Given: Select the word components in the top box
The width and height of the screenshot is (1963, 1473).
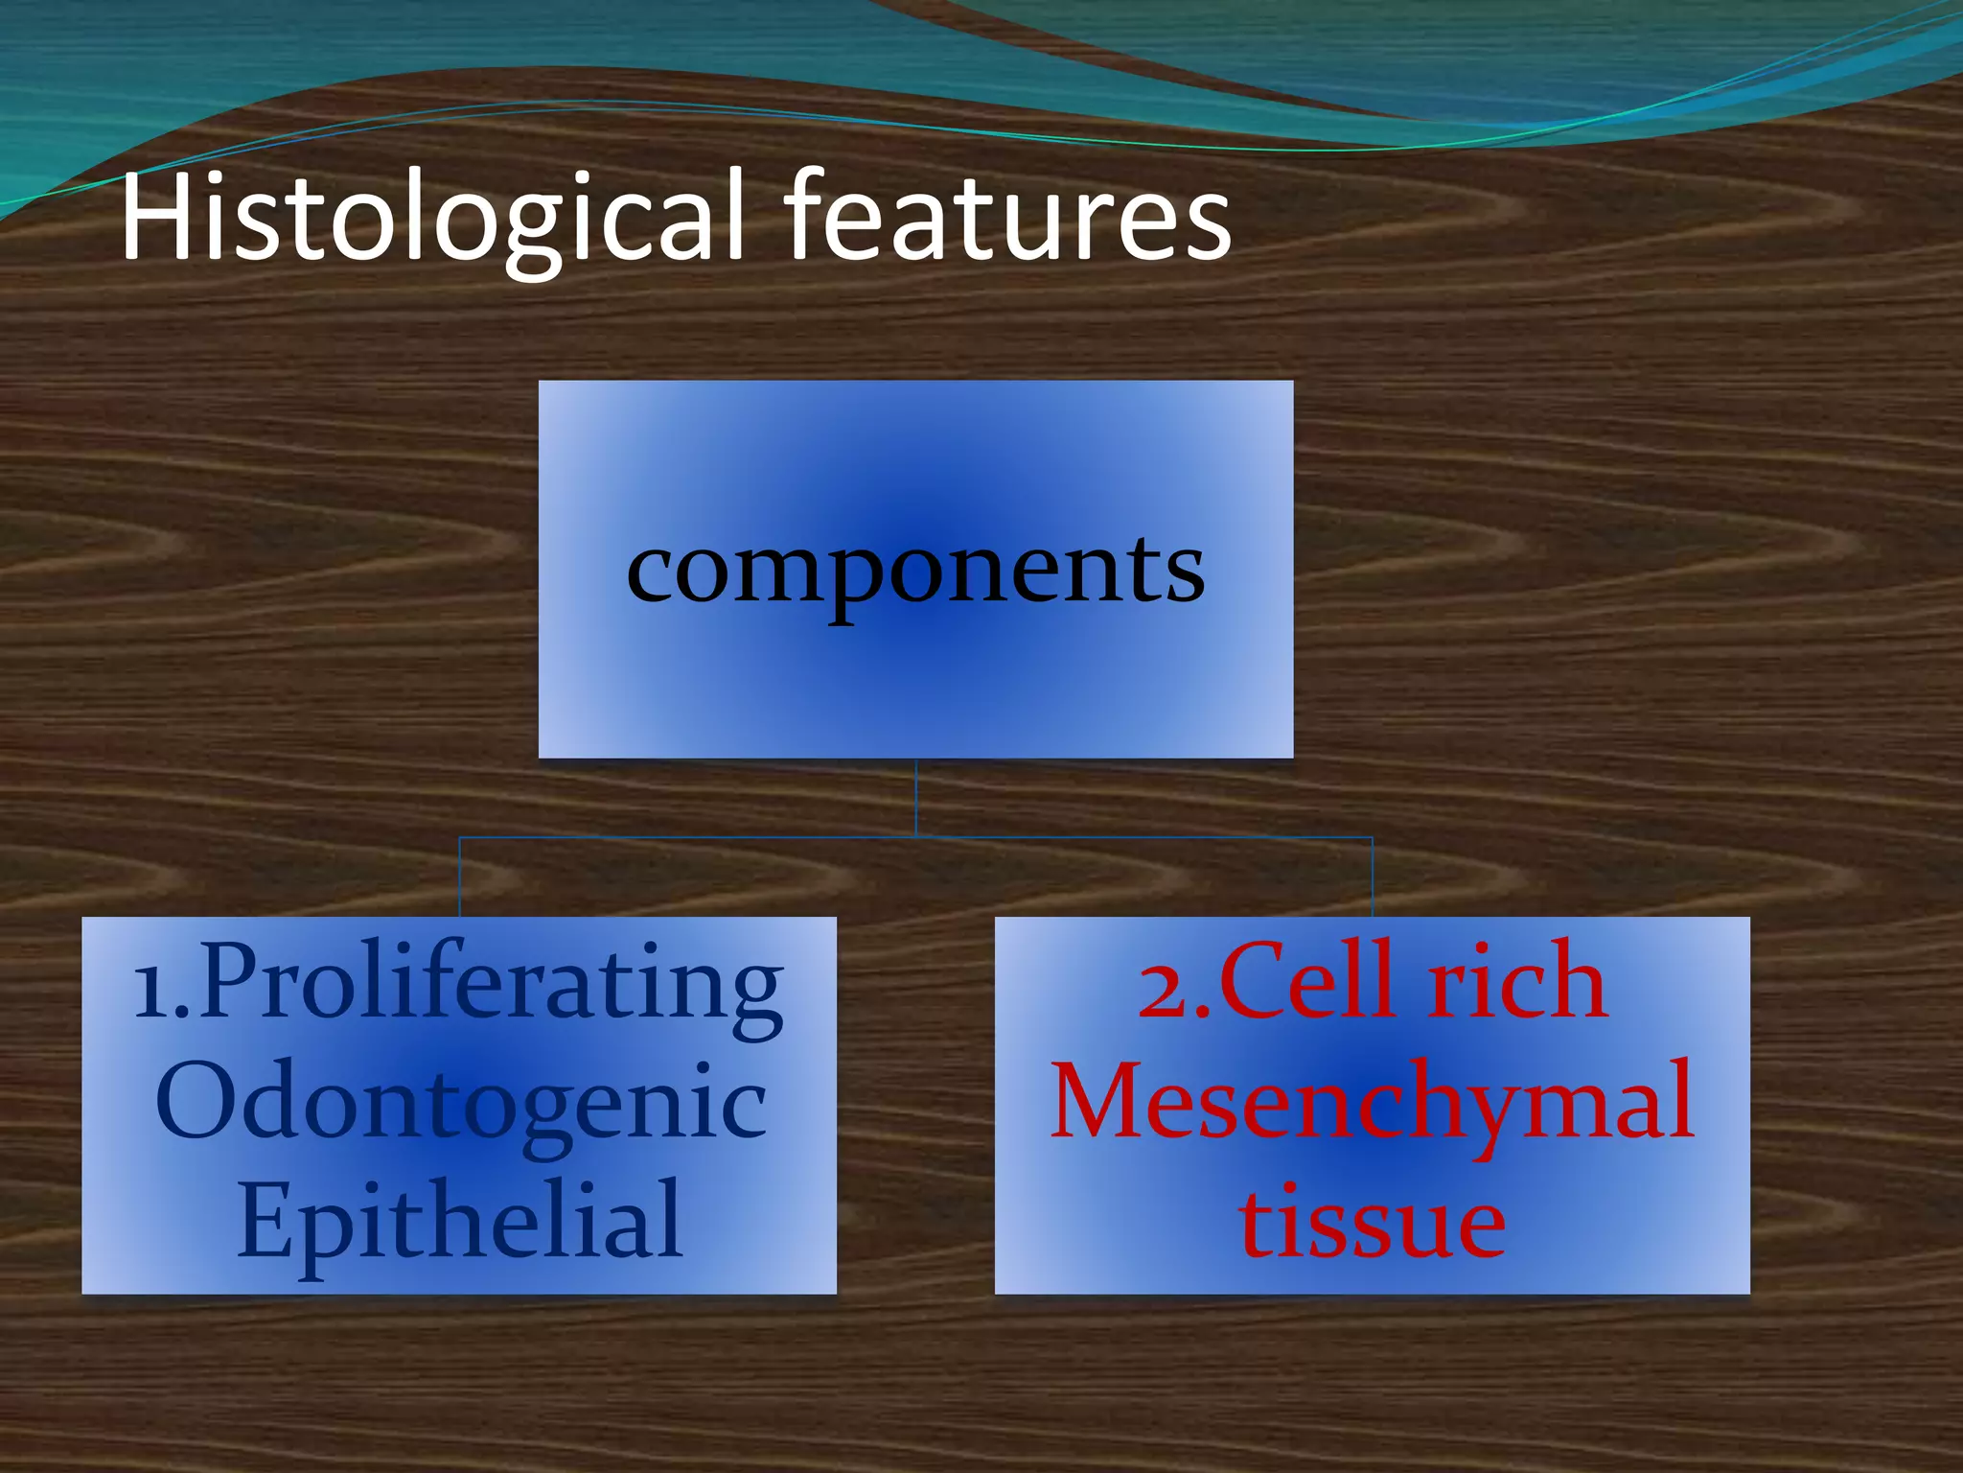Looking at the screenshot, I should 915,570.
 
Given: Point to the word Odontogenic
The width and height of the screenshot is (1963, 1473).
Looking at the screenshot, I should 460,1103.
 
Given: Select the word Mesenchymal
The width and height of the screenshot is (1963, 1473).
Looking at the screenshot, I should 1373,1103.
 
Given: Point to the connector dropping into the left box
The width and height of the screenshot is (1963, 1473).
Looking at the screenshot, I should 460,877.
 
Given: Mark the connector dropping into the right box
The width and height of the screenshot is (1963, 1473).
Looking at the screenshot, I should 1373,877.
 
